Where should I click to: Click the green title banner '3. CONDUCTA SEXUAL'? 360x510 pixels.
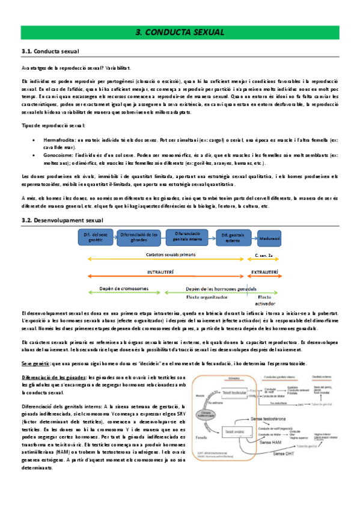(180, 32)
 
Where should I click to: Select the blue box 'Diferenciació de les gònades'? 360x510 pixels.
(139, 237)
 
